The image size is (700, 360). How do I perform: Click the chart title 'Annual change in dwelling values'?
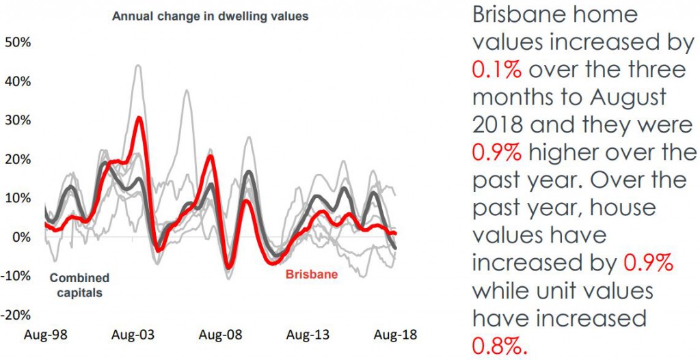pos(211,16)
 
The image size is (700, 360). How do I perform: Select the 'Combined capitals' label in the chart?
pos(79,285)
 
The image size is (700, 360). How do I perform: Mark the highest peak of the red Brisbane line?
pos(139,117)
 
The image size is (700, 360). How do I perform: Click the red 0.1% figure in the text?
pos(495,69)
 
